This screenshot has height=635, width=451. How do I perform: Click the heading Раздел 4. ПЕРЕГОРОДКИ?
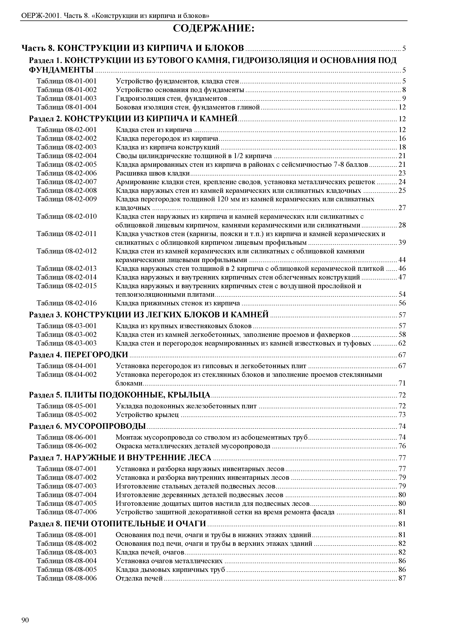(x=79, y=355)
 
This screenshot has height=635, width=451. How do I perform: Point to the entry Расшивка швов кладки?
(x=153, y=173)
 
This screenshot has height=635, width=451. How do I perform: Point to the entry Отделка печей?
(x=139, y=578)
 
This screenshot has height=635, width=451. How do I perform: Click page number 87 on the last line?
(x=402, y=578)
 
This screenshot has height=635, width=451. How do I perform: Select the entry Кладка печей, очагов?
(x=150, y=552)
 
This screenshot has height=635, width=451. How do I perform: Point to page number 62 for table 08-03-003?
(x=402, y=343)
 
